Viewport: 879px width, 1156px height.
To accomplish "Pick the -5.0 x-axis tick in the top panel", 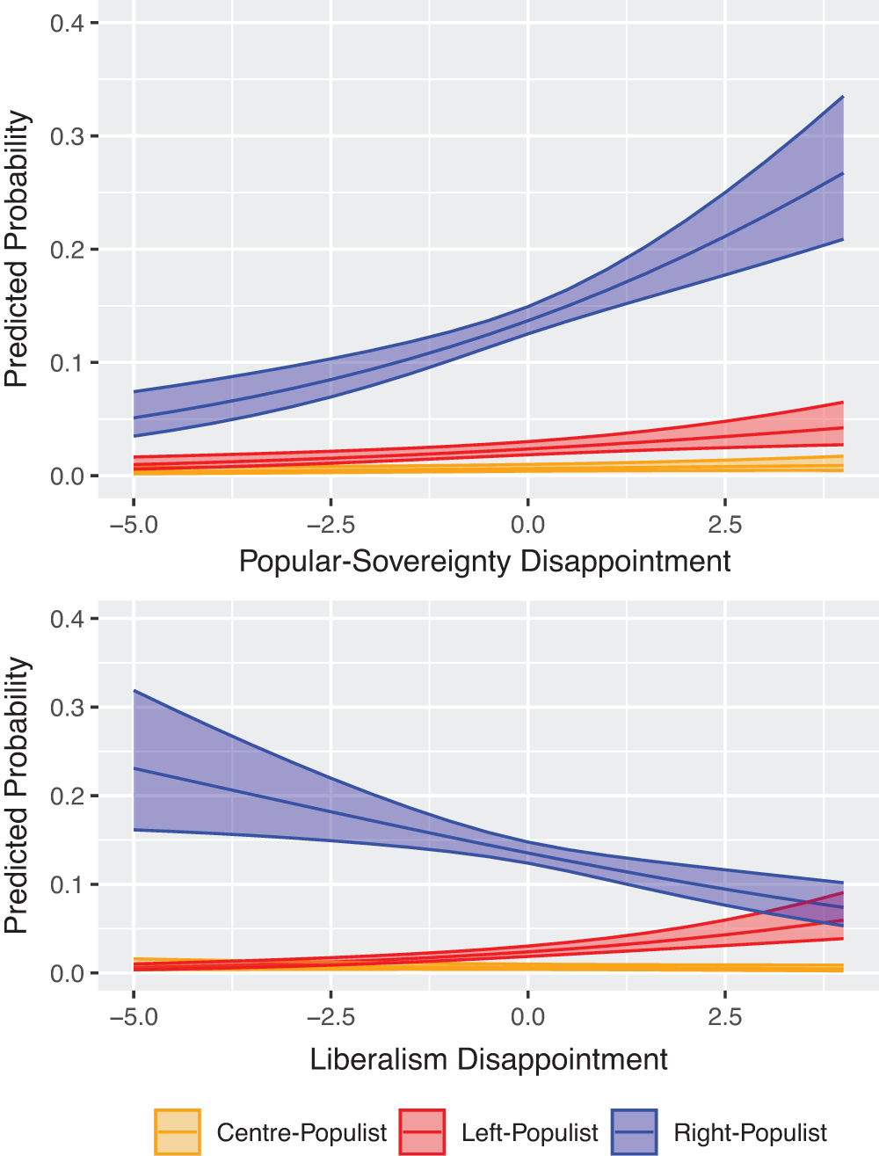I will (134, 525).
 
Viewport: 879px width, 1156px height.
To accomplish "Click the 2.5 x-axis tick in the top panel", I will (724, 525).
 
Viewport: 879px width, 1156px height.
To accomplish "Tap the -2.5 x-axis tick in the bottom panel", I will (331, 1017).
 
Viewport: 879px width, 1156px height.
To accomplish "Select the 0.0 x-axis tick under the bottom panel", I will (527, 1017).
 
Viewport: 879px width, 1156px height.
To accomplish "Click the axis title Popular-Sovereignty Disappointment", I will (484, 561).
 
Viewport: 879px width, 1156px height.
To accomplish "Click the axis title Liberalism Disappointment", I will (489, 1059).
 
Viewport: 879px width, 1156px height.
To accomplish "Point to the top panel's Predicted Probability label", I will (17, 250).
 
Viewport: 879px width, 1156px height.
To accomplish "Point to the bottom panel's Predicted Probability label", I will (17, 796).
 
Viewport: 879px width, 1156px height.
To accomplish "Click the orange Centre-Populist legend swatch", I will (178, 1131).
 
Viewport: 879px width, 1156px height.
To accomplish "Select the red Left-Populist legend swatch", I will (422, 1131).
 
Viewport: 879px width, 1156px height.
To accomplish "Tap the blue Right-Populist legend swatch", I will (634, 1131).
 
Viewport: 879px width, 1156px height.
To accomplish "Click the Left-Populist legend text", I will (529, 1132).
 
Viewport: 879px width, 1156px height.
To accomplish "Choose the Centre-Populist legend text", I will (301, 1132).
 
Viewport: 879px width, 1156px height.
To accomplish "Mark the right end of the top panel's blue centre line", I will (843, 173).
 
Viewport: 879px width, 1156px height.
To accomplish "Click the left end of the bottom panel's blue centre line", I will (134, 768).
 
